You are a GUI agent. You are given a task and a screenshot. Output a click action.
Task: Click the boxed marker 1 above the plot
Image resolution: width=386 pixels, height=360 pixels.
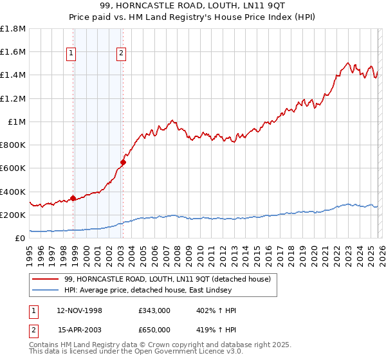tap(71, 54)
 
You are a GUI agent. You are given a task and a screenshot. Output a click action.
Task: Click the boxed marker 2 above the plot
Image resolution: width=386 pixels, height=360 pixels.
tap(121, 54)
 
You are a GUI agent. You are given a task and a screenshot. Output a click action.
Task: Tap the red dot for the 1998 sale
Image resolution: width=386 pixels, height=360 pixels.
tap(73, 198)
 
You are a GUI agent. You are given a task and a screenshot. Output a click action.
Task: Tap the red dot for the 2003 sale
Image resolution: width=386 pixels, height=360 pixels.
tap(123, 163)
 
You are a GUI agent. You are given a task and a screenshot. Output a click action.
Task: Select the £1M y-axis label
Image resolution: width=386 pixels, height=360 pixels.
tap(17, 122)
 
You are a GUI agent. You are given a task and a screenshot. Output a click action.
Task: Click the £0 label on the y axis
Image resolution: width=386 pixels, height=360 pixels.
tap(20, 238)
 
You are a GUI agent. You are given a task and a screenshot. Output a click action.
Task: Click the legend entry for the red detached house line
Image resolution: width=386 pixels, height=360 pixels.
tap(167, 279)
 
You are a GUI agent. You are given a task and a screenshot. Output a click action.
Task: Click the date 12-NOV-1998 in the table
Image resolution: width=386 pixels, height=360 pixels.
tap(80, 310)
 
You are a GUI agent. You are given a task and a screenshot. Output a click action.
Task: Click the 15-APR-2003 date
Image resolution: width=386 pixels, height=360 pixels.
tap(80, 330)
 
